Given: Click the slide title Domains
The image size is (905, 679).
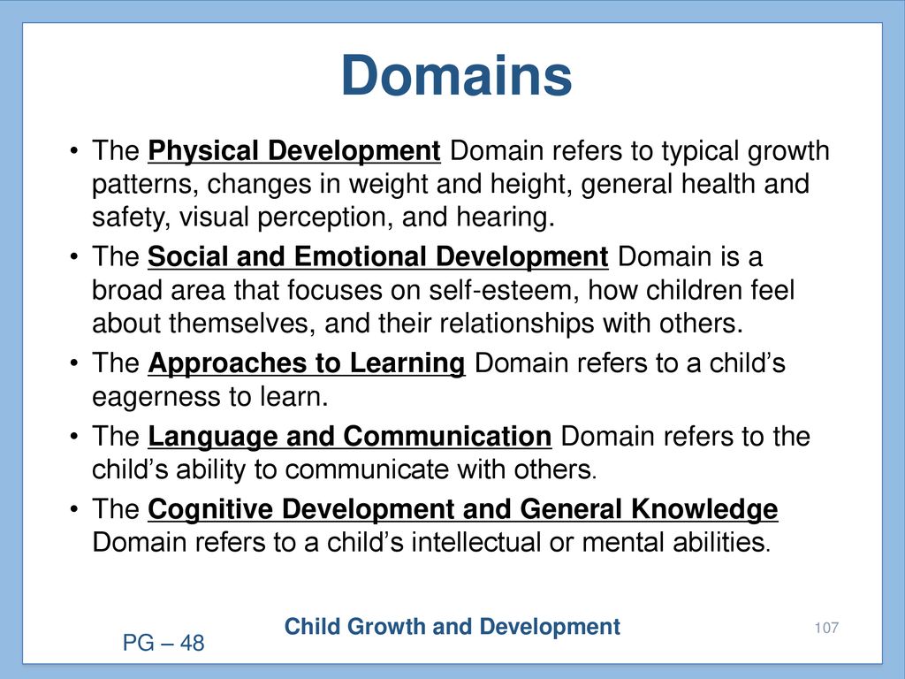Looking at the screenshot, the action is click(x=456, y=76).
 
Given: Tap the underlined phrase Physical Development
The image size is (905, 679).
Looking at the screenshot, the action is click(x=293, y=151).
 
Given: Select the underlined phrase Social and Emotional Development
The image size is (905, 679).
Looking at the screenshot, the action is click(x=378, y=257).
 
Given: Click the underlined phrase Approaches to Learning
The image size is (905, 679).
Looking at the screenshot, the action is click(x=307, y=363).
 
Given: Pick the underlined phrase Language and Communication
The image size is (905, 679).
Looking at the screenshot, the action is click(x=350, y=437).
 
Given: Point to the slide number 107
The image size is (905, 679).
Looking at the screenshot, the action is click(x=826, y=628).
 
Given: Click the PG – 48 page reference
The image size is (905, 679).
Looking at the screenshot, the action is click(x=164, y=643).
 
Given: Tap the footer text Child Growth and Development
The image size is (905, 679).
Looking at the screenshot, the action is click(x=452, y=627).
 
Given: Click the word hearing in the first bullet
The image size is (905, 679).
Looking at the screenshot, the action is click(x=505, y=217).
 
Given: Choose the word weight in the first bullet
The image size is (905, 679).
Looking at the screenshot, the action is click(x=389, y=185).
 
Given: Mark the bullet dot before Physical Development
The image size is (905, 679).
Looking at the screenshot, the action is click(x=73, y=151).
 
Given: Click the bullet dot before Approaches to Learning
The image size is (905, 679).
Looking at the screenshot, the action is click(x=73, y=363).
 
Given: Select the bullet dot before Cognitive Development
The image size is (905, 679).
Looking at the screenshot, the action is click(x=73, y=510).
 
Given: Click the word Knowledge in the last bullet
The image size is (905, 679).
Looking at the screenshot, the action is click(x=704, y=510).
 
